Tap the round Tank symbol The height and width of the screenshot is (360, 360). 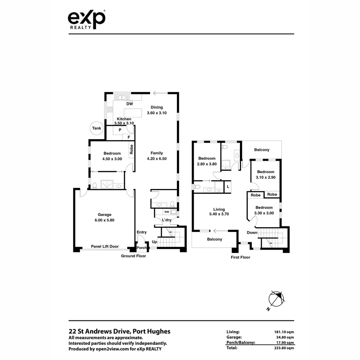[x=97, y=128]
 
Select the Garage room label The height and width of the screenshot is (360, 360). [x=104, y=215]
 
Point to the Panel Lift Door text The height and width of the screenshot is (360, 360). [x=105, y=247]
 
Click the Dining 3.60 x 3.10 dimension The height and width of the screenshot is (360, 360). [x=157, y=113]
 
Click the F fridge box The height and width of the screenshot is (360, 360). [x=128, y=137]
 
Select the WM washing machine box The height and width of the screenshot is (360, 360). [x=166, y=212]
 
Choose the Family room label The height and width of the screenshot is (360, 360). [x=157, y=153]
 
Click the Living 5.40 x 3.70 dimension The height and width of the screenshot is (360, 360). [x=219, y=214]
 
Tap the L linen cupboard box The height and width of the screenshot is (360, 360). [x=228, y=186]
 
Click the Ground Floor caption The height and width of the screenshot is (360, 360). [x=133, y=256]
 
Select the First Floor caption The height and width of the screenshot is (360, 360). [x=240, y=257]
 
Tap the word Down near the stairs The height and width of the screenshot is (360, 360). [x=252, y=232]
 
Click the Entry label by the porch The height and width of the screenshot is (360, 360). [x=141, y=232]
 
